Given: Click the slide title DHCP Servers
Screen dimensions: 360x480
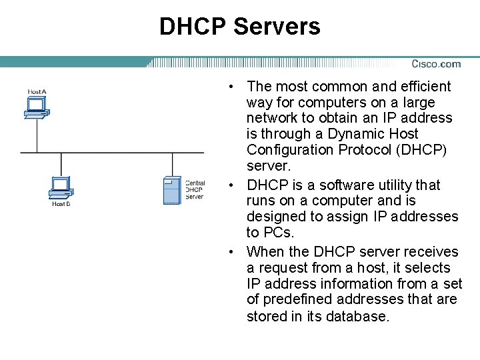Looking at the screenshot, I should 239,27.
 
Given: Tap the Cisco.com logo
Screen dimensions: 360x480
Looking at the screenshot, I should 436,64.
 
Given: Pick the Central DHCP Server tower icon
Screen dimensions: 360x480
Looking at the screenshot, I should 172,190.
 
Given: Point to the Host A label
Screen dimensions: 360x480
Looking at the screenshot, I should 37,91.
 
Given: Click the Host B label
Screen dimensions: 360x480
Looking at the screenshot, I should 61,204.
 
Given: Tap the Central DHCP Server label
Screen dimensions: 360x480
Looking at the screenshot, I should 195,190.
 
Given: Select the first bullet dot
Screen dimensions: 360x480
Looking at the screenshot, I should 229,87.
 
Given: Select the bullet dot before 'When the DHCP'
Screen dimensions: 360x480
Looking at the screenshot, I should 229,252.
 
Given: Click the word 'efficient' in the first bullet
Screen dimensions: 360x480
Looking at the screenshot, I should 425,87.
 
